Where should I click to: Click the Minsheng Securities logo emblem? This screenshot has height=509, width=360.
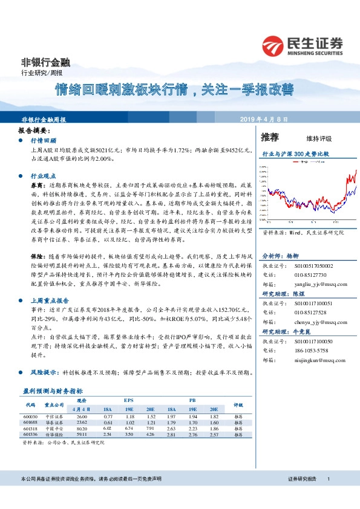tap(273, 45)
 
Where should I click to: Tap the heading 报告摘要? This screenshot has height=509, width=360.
tap(33, 131)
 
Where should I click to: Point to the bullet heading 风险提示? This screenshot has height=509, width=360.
tap(43, 373)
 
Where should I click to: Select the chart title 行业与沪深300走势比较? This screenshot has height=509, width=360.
tap(295, 154)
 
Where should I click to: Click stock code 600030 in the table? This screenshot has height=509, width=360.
tap(31, 417)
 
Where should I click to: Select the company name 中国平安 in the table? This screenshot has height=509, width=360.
tap(55, 428)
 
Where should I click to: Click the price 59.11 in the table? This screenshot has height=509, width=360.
tap(82, 433)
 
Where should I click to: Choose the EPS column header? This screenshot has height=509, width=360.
tap(129, 401)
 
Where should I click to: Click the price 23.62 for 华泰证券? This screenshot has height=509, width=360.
tap(82, 423)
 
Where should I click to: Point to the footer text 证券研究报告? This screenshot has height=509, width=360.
tap(303, 479)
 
